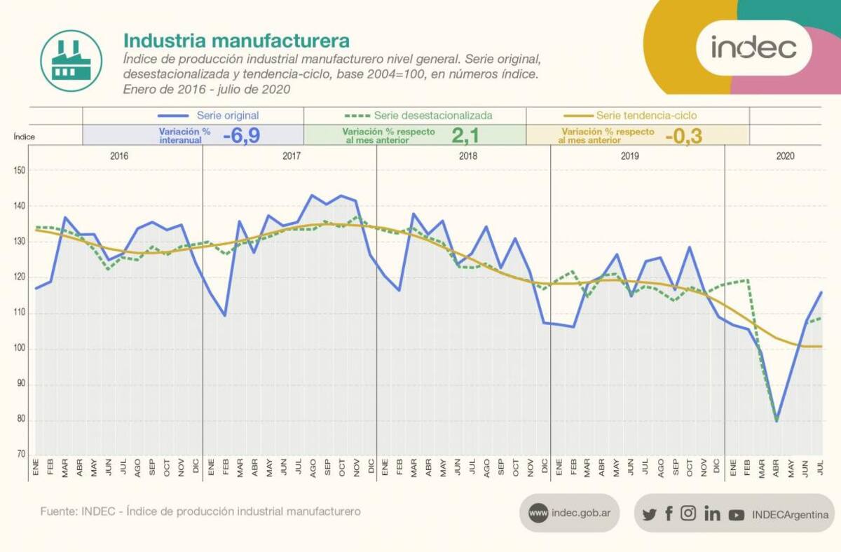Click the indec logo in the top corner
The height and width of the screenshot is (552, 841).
(753, 48)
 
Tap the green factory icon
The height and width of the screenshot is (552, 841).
(67, 55)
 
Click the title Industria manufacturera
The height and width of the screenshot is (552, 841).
(236, 39)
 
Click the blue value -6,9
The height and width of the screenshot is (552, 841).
(241, 135)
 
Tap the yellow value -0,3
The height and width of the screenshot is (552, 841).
(683, 135)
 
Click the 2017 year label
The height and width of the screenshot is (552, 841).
(292, 156)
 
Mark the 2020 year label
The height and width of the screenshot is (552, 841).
(785, 156)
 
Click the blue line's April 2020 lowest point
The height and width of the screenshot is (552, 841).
(777, 420)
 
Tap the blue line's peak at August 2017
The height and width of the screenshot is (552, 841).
(312, 195)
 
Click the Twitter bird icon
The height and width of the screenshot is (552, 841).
(649, 514)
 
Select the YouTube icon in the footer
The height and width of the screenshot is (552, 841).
(736, 515)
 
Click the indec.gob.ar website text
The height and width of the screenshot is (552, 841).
(581, 513)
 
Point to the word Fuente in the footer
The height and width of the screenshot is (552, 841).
(57, 511)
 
